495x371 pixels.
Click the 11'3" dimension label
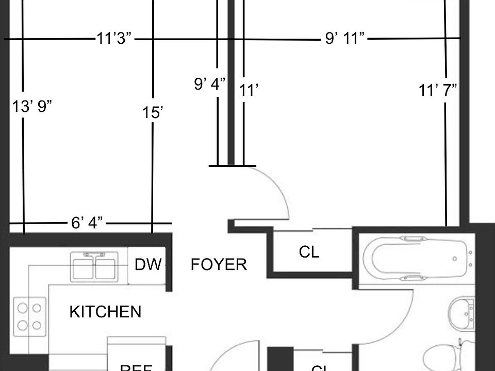[x=114, y=39]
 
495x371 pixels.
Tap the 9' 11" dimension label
[x=345, y=39]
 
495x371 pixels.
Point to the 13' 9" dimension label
[x=32, y=107]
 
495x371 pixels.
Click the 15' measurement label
[x=153, y=113]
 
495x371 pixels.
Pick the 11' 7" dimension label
[x=438, y=91]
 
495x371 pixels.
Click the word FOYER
[x=219, y=265]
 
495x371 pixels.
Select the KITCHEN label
[x=105, y=312]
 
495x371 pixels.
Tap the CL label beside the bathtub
[x=309, y=252]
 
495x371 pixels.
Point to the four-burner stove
[x=29, y=316]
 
